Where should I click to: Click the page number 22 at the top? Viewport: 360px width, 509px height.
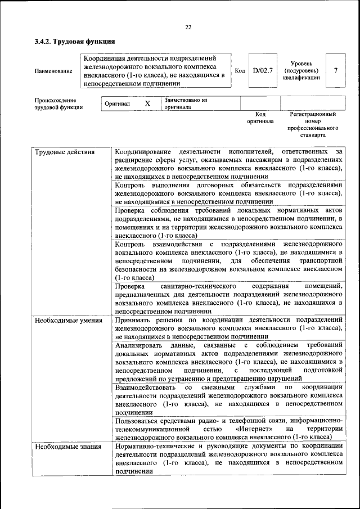188,27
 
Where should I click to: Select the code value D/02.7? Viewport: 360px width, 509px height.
263,70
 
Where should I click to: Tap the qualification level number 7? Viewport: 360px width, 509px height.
336,70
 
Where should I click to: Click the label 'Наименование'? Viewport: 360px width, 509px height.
53,71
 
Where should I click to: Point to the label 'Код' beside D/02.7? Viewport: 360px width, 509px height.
240,70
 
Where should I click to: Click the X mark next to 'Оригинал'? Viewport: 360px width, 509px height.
147,104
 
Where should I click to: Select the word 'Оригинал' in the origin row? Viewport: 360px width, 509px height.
118,104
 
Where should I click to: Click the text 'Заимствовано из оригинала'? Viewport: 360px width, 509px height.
186,103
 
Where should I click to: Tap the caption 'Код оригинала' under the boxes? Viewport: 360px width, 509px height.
260,118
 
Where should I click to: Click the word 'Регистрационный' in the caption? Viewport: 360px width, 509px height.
313,114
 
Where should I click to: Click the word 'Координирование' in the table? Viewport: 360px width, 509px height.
141,152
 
